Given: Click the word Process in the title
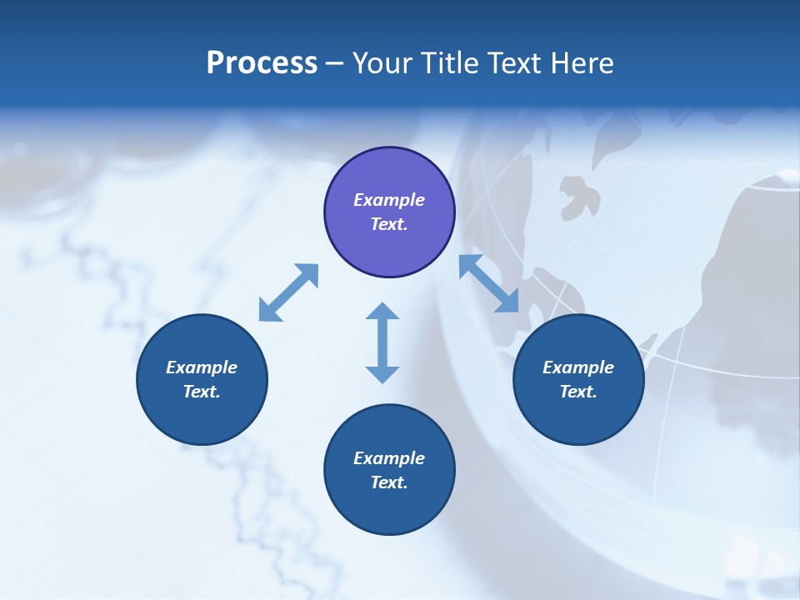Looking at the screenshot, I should pos(262,63).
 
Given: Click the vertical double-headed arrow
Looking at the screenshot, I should pos(382,343).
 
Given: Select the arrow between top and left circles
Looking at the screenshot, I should pos(288,292).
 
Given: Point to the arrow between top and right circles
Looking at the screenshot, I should pos(489,283).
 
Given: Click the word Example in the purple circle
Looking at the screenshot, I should pos(389,200).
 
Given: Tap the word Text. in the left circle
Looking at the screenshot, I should pos(202,392).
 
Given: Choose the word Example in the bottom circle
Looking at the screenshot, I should pos(389,458).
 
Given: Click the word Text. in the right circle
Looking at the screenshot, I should pos(578,392).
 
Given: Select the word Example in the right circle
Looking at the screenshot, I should pos(578,367).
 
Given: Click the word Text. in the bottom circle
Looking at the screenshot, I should pos(389,482).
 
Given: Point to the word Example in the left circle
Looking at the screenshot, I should pos(202,367).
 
